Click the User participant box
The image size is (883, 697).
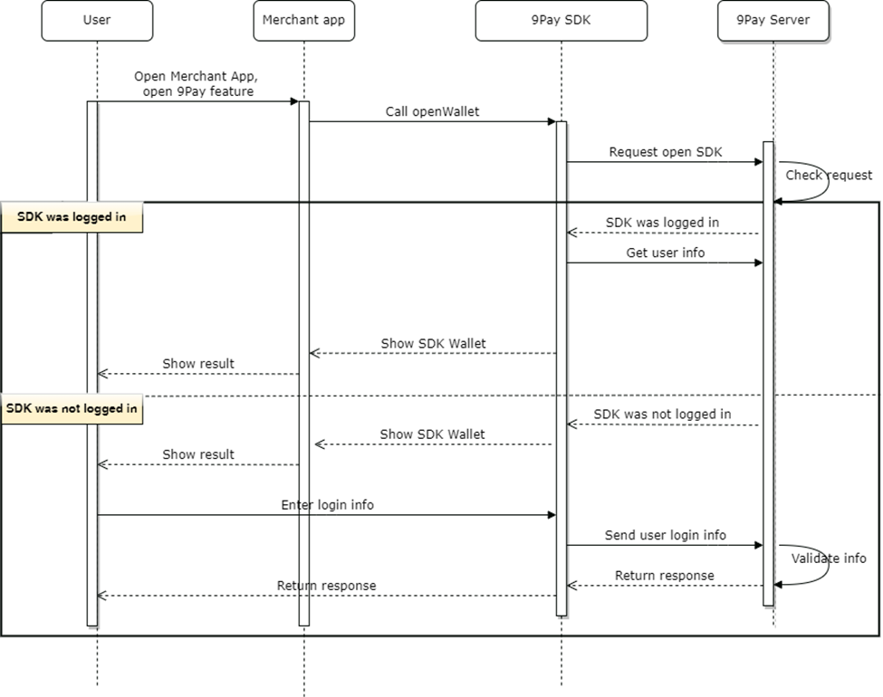click(97, 20)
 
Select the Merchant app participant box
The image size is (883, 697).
click(303, 20)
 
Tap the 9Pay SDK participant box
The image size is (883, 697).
click(561, 20)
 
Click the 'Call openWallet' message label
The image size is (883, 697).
click(432, 111)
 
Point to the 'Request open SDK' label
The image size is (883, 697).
click(666, 152)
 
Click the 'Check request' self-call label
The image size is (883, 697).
click(828, 175)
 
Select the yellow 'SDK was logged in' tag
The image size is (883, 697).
click(72, 217)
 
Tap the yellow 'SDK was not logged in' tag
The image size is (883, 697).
click(72, 408)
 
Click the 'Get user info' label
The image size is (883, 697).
click(665, 253)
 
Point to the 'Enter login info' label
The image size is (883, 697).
click(327, 504)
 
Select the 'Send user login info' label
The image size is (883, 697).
click(665, 535)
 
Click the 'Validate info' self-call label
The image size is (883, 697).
click(828, 558)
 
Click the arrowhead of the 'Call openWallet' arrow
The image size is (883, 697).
click(551, 121)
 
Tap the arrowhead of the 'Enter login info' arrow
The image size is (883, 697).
click(551, 515)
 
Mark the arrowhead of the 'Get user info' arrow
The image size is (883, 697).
click(758, 263)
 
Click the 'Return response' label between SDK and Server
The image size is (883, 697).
click(664, 575)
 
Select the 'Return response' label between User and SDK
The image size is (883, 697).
click(326, 585)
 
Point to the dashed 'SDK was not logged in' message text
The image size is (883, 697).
click(662, 414)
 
